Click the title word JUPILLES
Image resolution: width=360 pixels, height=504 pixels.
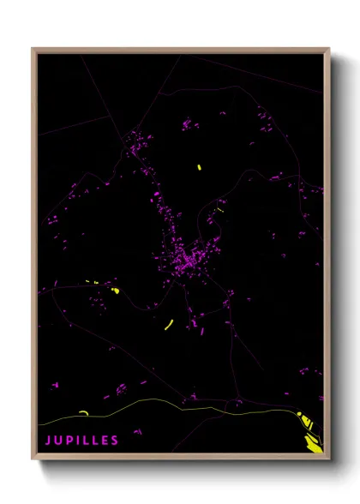click(x=82, y=441)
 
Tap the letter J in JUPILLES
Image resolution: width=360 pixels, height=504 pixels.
click(x=48, y=441)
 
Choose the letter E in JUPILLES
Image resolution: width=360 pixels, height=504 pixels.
click(x=105, y=441)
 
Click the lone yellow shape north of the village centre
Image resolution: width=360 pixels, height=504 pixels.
click(x=199, y=167)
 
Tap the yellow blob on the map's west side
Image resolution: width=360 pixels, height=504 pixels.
click(x=115, y=291)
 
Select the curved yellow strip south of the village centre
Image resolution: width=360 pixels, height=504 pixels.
click(x=169, y=324)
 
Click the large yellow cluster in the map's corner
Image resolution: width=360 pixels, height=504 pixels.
click(x=311, y=434)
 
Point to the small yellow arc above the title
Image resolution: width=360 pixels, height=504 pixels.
click(x=83, y=412)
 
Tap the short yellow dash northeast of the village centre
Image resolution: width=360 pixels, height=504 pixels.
click(x=220, y=209)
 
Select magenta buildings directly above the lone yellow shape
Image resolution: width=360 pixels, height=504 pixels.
click(x=186, y=125)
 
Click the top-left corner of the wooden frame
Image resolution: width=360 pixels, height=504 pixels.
click(x=33, y=49)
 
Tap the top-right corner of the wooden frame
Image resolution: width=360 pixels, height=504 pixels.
click(x=328, y=49)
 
